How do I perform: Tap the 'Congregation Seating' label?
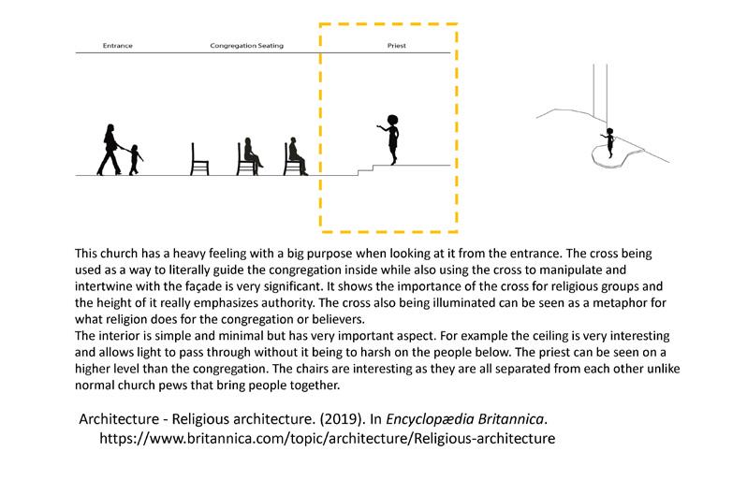[246, 46]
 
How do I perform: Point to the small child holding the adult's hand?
[137, 159]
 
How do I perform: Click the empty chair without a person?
[198, 159]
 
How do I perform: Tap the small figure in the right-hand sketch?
[609, 141]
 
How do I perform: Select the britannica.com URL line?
[328, 437]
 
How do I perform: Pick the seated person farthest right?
[296, 156]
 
